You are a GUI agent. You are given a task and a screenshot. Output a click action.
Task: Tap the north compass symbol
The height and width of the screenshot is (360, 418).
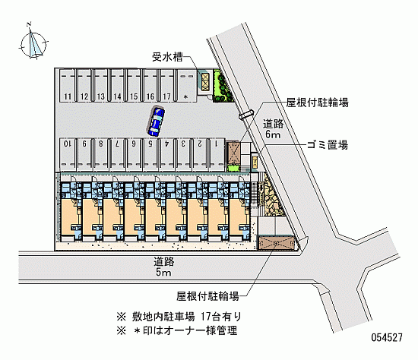34,43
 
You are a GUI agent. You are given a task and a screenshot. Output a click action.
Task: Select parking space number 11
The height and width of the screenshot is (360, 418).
68,85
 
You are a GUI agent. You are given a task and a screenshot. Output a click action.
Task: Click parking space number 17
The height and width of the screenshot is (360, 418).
167,85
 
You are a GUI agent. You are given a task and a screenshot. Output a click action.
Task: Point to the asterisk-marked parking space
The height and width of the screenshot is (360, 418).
186,85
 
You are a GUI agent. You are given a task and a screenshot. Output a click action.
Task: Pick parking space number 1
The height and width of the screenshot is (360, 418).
217,154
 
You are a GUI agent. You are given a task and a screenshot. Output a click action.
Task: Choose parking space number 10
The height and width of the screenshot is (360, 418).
68,154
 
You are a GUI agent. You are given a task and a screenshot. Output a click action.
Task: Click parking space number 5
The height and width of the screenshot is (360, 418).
150,154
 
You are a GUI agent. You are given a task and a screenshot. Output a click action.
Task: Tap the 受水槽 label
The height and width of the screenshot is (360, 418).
167,57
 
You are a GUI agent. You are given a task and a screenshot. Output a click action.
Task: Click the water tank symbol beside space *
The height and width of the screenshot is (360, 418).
205,81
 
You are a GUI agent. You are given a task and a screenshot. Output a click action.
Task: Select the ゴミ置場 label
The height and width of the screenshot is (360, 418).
328,146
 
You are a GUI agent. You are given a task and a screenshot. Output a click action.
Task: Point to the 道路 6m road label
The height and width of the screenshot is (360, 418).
274,129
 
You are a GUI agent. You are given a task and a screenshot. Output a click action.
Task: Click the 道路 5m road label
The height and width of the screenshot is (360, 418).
163,267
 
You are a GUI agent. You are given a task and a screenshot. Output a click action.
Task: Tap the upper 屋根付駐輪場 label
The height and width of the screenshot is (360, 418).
317,103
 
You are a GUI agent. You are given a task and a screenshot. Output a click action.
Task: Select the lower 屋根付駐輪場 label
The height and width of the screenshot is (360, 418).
207,295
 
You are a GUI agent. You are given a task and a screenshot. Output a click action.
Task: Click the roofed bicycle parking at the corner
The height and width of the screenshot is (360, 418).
277,243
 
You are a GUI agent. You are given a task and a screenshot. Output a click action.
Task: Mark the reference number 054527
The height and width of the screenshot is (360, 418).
387,338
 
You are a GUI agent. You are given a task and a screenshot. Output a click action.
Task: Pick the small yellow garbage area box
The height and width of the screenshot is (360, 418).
255,161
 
